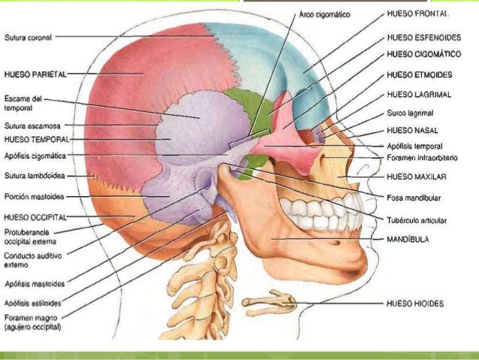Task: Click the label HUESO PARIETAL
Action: (35, 74)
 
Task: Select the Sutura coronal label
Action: (28, 38)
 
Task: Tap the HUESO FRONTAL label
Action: (417, 14)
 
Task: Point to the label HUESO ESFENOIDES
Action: (424, 38)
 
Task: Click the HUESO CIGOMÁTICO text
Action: (424, 54)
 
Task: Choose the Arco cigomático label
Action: (324, 15)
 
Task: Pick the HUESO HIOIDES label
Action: (415, 304)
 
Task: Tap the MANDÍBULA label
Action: (408, 239)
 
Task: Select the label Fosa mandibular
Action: (414, 198)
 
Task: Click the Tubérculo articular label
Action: (417, 220)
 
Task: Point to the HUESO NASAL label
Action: (412, 131)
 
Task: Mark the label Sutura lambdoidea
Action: (35, 176)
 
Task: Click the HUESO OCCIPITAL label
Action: (35, 217)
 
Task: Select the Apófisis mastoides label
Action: (35, 284)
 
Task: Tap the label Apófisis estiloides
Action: (33, 304)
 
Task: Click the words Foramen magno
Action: (31, 318)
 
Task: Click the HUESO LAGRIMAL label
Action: (419, 95)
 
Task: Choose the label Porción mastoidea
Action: (35, 197)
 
